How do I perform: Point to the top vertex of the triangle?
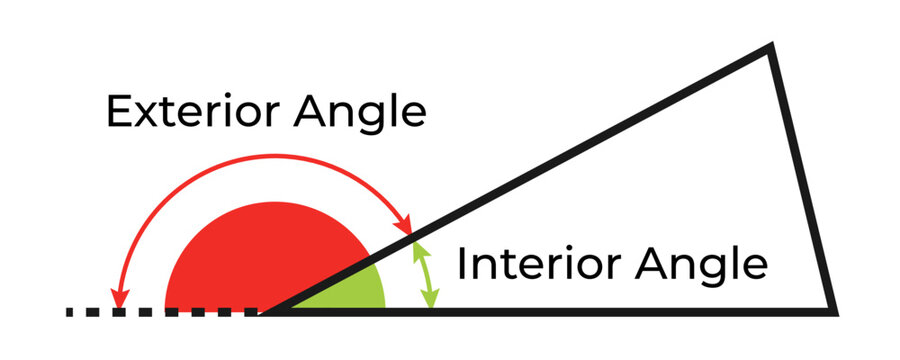[769, 47]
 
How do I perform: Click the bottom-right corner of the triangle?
[832, 310]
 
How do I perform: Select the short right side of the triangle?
[801, 180]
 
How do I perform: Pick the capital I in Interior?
[462, 265]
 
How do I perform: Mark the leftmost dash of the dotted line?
[71, 312]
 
